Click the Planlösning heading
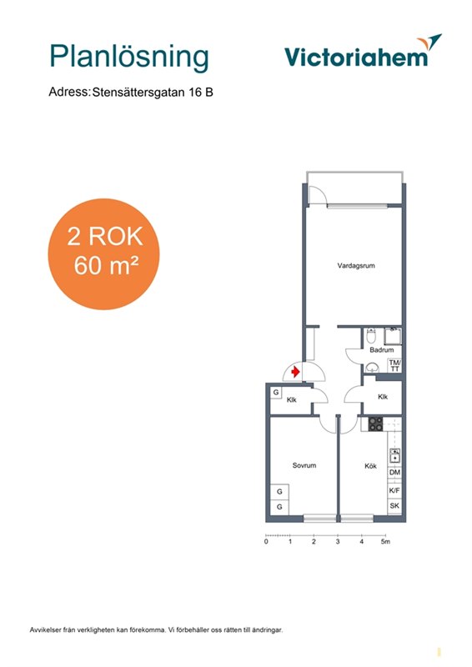coord(129,57)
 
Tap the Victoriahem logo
coord(363,52)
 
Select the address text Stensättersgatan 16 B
coord(153,93)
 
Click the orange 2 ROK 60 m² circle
coord(104,254)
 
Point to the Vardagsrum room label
coord(356,266)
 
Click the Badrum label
coord(381,350)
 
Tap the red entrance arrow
coord(295,373)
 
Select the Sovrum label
coord(304,465)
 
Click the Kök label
coord(370,466)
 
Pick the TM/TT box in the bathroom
coord(394,366)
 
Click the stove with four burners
coord(375,424)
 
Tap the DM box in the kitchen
coord(394,472)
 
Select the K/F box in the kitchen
coord(394,490)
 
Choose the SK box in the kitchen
coord(394,506)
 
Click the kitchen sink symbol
coord(395,455)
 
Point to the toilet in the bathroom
coord(371,336)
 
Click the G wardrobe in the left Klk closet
coord(276,392)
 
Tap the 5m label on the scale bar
coord(385,541)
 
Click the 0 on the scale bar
coord(266,541)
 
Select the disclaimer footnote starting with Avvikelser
coord(156,630)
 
